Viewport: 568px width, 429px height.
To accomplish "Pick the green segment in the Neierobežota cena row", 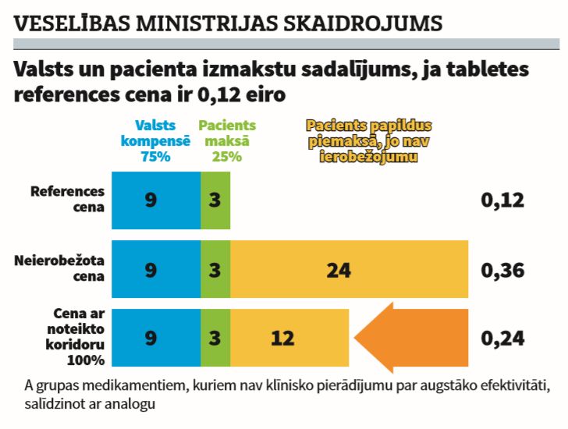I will pyautogui.click(x=215, y=270).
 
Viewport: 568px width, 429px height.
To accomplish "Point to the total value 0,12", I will pyautogui.click(x=502, y=200).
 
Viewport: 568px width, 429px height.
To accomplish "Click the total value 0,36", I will pyautogui.click(x=502, y=270).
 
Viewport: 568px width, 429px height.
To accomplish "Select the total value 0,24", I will pyautogui.click(x=502, y=338).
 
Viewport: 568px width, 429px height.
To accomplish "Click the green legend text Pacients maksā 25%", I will pyautogui.click(x=226, y=140).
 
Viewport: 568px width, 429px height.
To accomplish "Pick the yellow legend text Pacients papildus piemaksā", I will pyautogui.click(x=369, y=140).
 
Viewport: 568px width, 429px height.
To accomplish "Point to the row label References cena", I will pyautogui.click(x=67, y=199).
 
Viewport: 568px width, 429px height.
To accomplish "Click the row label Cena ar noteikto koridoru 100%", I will pyautogui.click(x=73, y=337).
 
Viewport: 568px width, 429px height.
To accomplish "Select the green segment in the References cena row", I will pyautogui.click(x=215, y=200).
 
